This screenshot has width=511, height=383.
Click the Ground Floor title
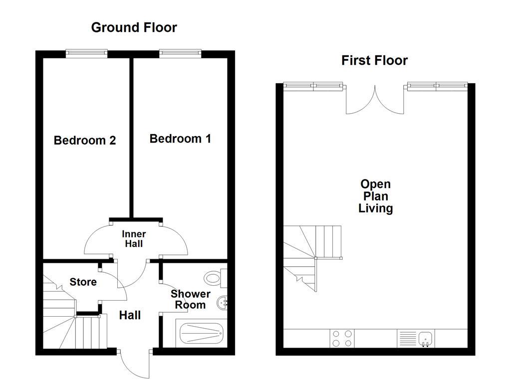tap(134, 27)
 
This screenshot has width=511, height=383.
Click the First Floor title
tap(374, 60)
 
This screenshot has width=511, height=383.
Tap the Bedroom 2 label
tap(85, 140)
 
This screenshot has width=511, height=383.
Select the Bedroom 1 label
tap(180, 138)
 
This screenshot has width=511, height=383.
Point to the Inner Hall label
tap(134, 239)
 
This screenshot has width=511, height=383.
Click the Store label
tap(83, 282)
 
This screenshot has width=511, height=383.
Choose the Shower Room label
tap(190, 299)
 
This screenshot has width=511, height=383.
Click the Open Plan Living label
tap(375, 196)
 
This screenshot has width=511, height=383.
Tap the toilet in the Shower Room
tap(215, 277)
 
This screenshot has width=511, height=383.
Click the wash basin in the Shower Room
tap(223, 302)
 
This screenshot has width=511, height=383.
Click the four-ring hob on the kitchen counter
tap(342, 338)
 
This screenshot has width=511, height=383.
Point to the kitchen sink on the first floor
tap(425, 338)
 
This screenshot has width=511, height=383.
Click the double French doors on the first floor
tap(375, 100)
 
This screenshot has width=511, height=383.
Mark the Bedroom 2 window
tap(87, 53)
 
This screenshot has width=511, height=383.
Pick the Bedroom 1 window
tap(180, 53)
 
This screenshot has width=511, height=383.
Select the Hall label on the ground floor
tap(130, 315)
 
